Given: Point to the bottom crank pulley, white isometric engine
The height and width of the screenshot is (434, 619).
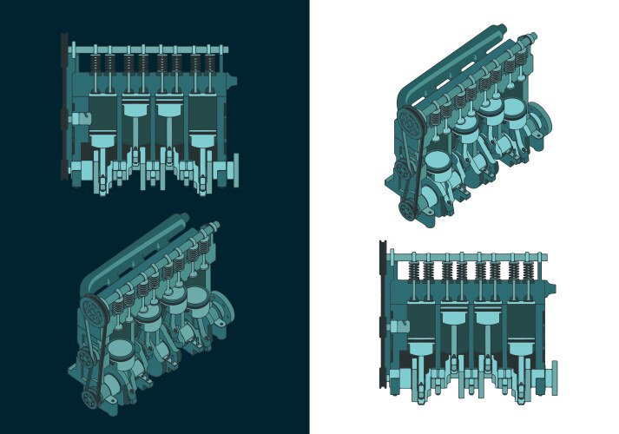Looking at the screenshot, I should [405, 208].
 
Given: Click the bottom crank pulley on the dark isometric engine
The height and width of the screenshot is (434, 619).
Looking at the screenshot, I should [89, 397].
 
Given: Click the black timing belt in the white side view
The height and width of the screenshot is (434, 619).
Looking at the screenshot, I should [382, 321].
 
